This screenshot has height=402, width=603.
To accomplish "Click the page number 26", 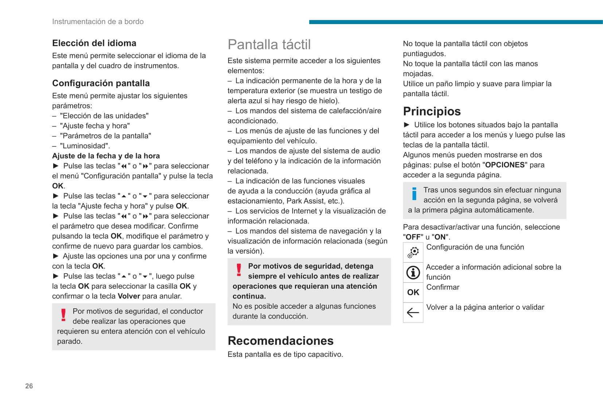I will point(29,386).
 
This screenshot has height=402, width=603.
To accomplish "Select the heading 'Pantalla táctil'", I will point(269,44).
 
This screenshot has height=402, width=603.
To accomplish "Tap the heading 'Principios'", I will point(432,111).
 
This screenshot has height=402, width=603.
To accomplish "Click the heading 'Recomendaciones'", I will point(280,341).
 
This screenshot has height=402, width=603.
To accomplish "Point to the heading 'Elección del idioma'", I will point(94,43).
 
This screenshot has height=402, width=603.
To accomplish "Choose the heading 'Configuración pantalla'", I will point(101,83).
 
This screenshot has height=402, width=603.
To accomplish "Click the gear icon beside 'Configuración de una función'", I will point(413,252).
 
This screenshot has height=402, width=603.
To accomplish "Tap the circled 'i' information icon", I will point(413,272).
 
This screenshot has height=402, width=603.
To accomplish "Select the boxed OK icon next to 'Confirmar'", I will point(413,292).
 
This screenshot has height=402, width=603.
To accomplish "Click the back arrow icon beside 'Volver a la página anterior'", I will point(413,312).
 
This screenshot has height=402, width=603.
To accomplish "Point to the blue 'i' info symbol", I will point(414,194).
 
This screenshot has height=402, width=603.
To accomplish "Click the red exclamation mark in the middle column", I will point(239,270).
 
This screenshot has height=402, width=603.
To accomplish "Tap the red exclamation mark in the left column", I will point(63,315).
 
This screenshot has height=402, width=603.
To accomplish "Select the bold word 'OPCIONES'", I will point(505,165).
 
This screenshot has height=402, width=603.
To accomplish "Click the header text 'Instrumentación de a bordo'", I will point(98,22).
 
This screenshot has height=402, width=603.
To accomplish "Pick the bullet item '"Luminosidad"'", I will point(85,146).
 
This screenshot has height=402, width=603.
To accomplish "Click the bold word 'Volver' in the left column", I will point(129,296).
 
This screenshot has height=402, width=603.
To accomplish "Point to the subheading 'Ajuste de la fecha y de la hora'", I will point(106,156).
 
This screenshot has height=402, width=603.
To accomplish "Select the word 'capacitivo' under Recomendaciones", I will point(324,354).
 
